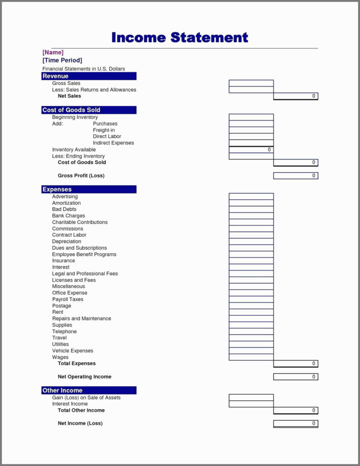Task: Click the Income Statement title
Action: click(x=180, y=37)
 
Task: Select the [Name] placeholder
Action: click(x=53, y=52)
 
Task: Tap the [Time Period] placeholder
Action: click(x=62, y=60)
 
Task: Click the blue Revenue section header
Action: click(x=89, y=76)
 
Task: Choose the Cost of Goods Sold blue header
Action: click(x=89, y=110)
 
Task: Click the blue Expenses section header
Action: click(x=89, y=189)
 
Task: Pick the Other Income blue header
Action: click(x=89, y=390)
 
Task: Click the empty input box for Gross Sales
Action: click(x=251, y=83)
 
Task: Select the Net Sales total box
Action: click(x=296, y=96)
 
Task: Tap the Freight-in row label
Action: click(x=104, y=130)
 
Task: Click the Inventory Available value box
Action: click(x=251, y=150)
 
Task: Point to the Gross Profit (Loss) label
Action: click(x=81, y=176)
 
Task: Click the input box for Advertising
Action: click(x=251, y=196)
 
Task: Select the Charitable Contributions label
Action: click(x=80, y=222)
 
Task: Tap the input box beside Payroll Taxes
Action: click(x=251, y=299)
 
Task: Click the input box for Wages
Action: click(x=251, y=357)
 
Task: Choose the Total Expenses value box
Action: click(x=296, y=364)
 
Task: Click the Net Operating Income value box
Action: click(x=296, y=377)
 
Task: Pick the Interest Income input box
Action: click(x=251, y=404)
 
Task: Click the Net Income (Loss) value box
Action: click(x=296, y=423)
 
